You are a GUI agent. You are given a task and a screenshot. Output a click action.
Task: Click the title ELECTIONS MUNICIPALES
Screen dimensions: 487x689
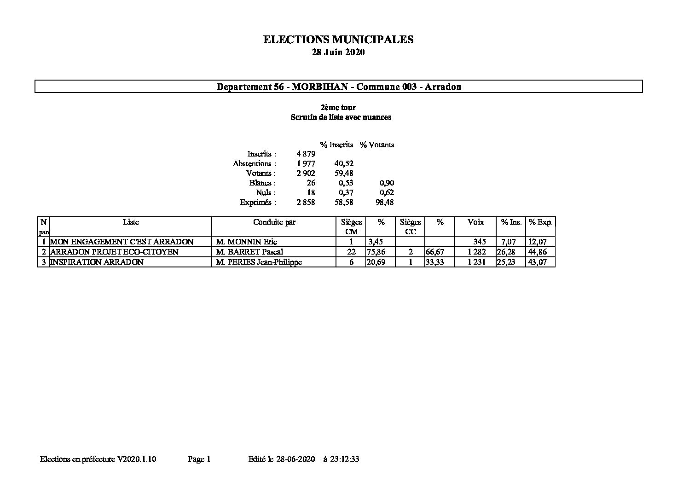click(x=338, y=40)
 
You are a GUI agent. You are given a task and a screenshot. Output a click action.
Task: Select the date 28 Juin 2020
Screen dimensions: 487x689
click(x=338, y=52)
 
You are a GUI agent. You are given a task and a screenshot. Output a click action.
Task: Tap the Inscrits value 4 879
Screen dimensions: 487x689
click(x=306, y=154)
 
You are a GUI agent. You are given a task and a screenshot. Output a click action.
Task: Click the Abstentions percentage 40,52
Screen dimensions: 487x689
click(x=344, y=164)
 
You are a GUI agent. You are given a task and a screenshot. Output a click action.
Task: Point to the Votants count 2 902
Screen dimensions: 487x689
click(x=306, y=174)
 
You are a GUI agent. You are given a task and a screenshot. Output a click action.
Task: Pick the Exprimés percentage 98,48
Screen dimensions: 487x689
click(x=385, y=203)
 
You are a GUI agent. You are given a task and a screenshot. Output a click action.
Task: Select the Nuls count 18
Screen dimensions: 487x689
click(x=311, y=193)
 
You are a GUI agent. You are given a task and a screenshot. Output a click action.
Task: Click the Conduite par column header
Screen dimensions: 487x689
click(x=274, y=222)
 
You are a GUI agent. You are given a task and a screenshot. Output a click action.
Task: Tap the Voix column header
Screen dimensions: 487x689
click(x=475, y=222)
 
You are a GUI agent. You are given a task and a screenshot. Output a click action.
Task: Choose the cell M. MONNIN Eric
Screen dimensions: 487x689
click(x=247, y=242)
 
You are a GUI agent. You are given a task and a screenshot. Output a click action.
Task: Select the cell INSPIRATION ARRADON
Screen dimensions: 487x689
click(x=97, y=262)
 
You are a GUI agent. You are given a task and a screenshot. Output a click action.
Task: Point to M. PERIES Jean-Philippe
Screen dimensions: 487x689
click(x=259, y=262)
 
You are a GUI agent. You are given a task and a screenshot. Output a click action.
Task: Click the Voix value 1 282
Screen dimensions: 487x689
click(x=477, y=252)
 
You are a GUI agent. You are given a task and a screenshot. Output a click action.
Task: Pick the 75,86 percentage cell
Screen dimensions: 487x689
click(x=375, y=252)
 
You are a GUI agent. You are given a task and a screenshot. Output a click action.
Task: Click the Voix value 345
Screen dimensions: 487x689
click(x=480, y=242)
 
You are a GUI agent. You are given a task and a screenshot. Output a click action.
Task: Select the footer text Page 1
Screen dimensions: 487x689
click(x=199, y=459)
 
